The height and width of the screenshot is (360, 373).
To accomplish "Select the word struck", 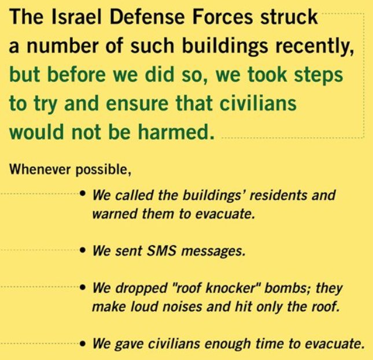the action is tap(289, 17).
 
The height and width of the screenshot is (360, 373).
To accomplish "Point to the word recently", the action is tap(315, 46).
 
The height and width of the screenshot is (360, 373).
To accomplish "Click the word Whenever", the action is tap(40, 169).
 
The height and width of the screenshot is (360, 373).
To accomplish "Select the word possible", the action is tap(104, 170).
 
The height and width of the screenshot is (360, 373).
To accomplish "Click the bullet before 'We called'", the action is tap(83, 193).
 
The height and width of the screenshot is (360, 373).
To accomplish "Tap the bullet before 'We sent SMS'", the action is tap(83, 250).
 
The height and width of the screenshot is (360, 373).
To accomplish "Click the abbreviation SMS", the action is tap(161, 251).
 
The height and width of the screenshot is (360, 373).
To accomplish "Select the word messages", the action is tap(213, 252).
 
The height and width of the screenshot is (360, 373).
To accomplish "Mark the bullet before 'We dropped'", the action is tap(83, 287).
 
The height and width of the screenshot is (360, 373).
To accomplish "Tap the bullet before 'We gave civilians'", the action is tap(83, 343).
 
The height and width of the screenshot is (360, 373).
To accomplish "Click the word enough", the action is tap(227, 344).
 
